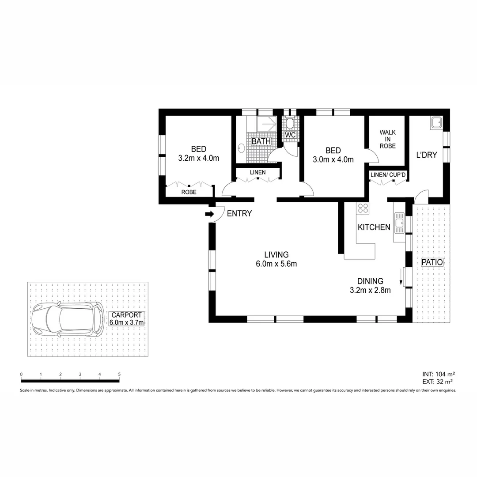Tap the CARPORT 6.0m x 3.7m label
pyautogui.click(x=126, y=319)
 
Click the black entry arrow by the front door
pyautogui.click(x=209, y=214)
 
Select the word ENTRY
pyautogui.click(x=239, y=214)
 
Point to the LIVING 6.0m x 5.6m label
pyautogui.click(x=276, y=259)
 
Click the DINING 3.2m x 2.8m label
pyautogui.click(x=370, y=285)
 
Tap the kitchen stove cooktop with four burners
pyautogui.click(x=363, y=208)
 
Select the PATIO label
pyautogui.click(x=432, y=262)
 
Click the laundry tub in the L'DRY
pyautogui.click(x=436, y=122)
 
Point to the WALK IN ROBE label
pyautogui.click(x=387, y=139)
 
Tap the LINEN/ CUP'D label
pyautogui.click(x=388, y=175)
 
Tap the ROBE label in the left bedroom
pyautogui.click(x=189, y=193)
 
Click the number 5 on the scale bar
pyautogui.click(x=119, y=375)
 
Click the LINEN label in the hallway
pyautogui.click(x=257, y=172)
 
